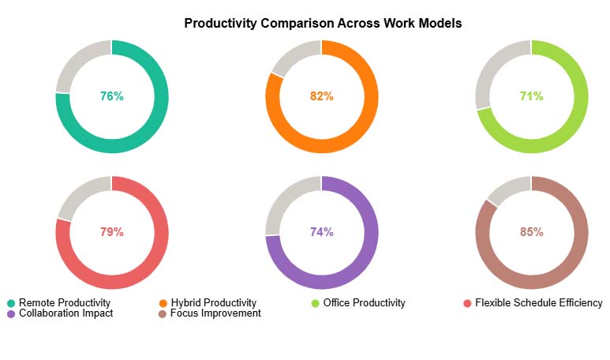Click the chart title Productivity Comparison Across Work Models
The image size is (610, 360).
[323, 24]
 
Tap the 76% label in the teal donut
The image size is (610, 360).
[111, 96]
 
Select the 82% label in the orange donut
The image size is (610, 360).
[321, 96]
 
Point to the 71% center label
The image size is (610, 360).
[531, 96]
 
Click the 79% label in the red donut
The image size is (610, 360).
[111, 232]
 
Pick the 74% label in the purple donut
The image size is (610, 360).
[321, 232]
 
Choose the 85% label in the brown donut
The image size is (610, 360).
[531, 232]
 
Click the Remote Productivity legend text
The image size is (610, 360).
[65, 303]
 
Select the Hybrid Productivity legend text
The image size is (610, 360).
[215, 303]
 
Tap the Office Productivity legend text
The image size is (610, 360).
[364, 303]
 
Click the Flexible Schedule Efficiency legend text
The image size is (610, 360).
[538, 303]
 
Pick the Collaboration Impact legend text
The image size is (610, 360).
[65, 313]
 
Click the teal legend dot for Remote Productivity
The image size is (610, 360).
[11, 303]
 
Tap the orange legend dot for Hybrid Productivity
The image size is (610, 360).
[163, 303]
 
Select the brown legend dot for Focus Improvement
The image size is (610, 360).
[163, 313]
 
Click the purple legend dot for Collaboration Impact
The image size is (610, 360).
[11, 313]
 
